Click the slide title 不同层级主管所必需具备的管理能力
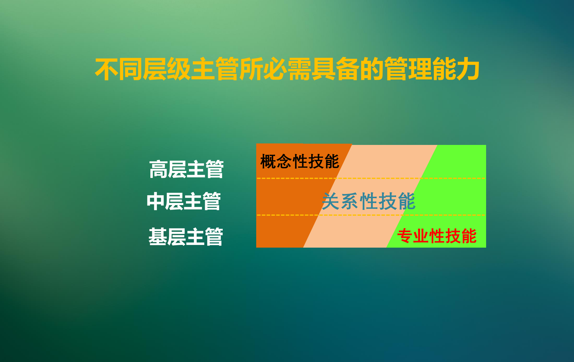287,69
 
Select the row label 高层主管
186,169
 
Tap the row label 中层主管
184,201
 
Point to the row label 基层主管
186,237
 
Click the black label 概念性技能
300,161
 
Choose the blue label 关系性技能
369,201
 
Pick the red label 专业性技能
437,236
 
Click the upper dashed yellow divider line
371,178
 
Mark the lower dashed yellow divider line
371,215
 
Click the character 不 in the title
107,69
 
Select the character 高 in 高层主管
158,169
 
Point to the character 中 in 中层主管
155,201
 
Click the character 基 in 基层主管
158,237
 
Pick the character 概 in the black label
268,161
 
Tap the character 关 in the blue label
331,201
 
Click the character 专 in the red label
405,236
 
